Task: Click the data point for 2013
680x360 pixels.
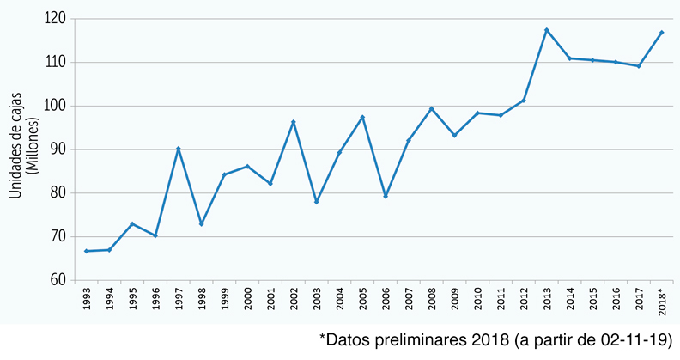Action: [547, 30]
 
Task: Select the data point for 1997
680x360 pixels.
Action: [179, 149]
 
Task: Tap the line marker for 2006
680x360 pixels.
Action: [386, 196]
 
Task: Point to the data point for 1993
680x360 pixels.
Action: [87, 251]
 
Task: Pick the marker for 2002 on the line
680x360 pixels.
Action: [294, 122]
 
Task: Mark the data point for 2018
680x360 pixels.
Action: [661, 33]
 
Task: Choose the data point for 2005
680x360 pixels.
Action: [362, 117]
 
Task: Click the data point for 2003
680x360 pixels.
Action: [316, 202]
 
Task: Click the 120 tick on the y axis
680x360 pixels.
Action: [56, 18]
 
